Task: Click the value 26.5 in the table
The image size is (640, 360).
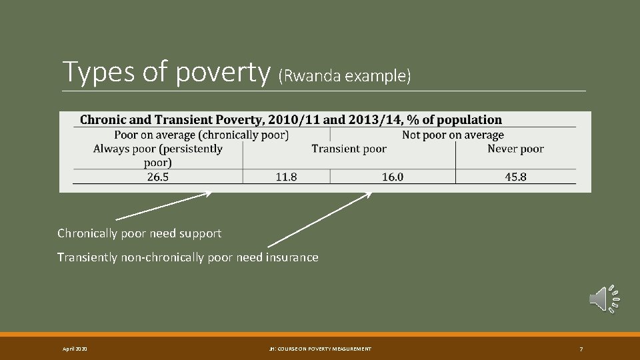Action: (x=157, y=177)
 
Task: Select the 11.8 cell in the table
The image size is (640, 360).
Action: (x=286, y=177)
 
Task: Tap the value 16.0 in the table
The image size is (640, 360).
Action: (x=393, y=177)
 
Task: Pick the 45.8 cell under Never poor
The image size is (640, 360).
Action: (x=515, y=177)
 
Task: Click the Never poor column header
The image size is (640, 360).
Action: (x=515, y=149)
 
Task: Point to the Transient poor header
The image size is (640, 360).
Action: (x=349, y=149)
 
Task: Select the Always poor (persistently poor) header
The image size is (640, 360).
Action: (x=158, y=155)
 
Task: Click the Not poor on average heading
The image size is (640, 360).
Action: (x=453, y=135)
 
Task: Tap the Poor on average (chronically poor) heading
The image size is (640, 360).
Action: (x=201, y=135)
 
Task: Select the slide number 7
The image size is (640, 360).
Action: (x=581, y=349)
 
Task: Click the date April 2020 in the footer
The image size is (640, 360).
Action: (x=75, y=349)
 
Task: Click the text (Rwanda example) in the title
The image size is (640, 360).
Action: (x=345, y=76)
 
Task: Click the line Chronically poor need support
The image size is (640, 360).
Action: (x=139, y=233)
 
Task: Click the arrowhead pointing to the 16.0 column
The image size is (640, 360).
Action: (x=368, y=195)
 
